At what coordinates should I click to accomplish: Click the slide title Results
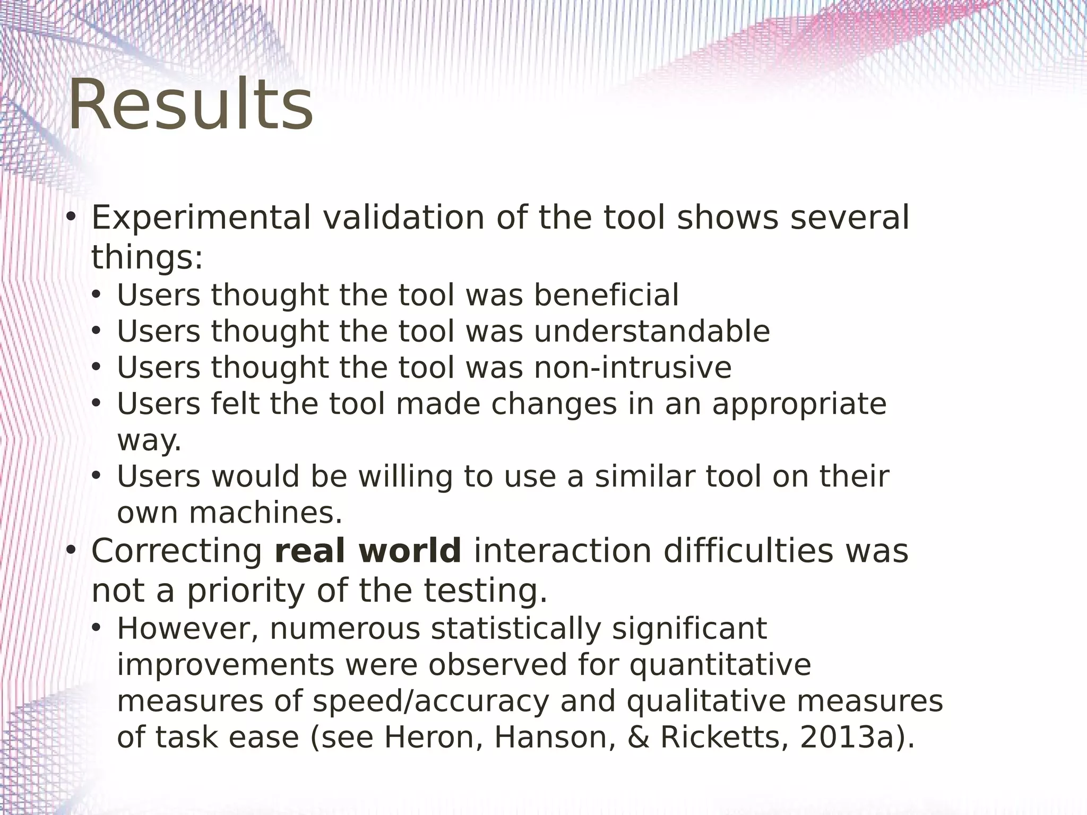191,105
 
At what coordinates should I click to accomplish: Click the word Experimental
201,218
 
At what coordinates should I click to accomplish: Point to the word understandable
651,332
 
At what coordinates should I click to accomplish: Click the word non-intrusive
632,368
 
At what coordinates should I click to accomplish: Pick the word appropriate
799,404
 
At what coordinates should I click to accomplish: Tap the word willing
406,476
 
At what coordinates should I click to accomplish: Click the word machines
265,513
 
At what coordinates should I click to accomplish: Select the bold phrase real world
368,551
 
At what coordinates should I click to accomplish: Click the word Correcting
177,551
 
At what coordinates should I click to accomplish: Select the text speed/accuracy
430,701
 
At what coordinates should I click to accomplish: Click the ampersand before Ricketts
639,738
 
